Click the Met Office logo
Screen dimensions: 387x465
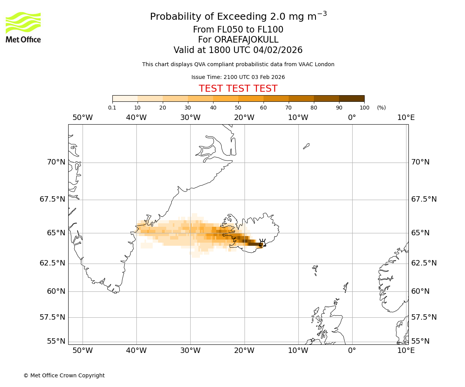(23, 27)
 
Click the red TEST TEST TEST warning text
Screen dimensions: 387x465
(238, 89)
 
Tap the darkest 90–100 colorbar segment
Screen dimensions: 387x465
(351, 98)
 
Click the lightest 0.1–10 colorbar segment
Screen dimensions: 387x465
(125, 98)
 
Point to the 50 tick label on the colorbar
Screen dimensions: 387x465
(238, 108)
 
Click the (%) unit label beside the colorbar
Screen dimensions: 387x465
(381, 108)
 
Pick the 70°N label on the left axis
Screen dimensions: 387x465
(56, 162)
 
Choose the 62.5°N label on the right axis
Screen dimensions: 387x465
(424, 263)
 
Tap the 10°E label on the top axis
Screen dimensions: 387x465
(406, 118)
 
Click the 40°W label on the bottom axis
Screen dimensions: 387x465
(136, 351)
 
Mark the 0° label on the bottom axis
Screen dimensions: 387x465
(352, 351)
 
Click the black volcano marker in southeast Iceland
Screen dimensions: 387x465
(262, 243)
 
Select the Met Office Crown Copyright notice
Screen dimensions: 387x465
(64, 375)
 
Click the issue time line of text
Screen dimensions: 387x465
(238, 77)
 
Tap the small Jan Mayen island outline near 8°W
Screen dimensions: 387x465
(306, 146)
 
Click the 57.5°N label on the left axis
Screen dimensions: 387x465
(53, 317)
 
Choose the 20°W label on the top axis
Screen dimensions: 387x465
(244, 118)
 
